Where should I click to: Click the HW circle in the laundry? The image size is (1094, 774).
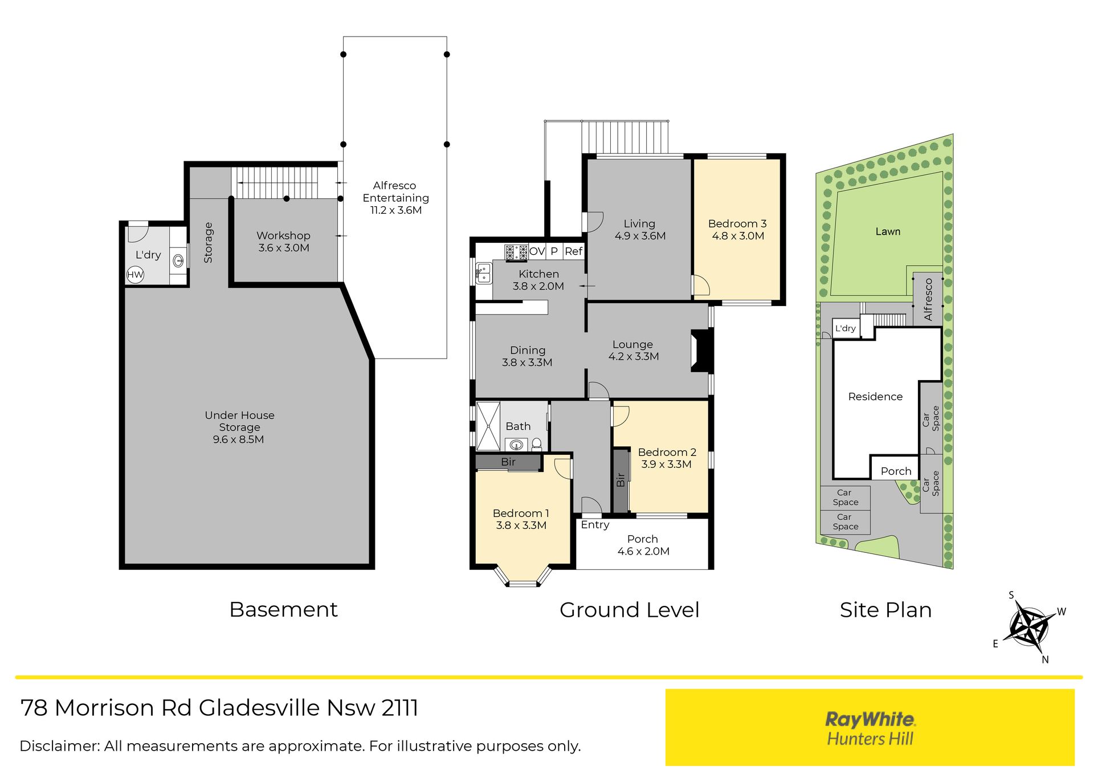coord(135,275)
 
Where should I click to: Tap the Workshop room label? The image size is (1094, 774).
coord(283,235)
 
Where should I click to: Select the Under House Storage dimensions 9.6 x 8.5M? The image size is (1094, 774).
coord(238,439)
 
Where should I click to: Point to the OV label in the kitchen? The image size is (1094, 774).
coord(537,251)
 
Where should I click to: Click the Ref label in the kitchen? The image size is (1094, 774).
coord(573,251)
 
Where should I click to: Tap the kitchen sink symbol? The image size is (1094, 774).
coord(484,273)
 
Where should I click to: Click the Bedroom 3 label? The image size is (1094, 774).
coord(737,223)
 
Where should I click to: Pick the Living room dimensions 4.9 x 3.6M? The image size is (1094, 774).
coord(640,236)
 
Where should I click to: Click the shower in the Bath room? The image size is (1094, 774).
coord(488,426)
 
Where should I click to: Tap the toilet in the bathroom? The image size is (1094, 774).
coord(536,445)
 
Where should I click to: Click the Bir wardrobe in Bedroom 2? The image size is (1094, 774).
coord(621,480)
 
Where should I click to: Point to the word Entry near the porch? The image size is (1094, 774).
coord(595,525)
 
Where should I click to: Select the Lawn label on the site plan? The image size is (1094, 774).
coord(888,231)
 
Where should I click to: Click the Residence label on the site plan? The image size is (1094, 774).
coord(875,397)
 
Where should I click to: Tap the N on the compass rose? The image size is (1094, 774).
coord(1045,659)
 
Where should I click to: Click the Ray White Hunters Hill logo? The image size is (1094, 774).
coord(870,728)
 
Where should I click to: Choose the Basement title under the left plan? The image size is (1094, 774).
coord(283,609)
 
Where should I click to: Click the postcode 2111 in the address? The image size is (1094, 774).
coord(400,708)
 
